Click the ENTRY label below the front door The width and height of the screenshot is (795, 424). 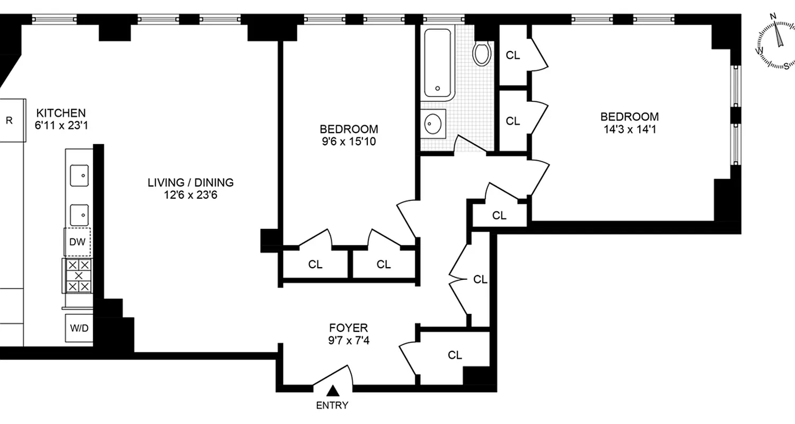click(x=332, y=405)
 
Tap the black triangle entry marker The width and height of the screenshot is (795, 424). click(x=332, y=391)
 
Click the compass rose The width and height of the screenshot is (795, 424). click(x=774, y=48)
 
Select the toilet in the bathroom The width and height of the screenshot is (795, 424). click(x=482, y=53)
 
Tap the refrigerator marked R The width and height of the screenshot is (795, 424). click(x=10, y=120)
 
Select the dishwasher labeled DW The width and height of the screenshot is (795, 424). click(x=77, y=242)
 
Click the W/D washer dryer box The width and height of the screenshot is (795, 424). click(x=79, y=328)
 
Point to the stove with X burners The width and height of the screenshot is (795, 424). click(x=78, y=276)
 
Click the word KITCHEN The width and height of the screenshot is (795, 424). click(x=60, y=113)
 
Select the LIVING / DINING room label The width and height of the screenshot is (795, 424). click(x=190, y=183)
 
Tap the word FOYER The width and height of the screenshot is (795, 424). click(x=348, y=328)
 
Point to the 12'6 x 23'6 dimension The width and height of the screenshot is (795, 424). click(x=190, y=195)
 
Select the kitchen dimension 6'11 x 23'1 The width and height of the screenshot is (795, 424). click(x=60, y=126)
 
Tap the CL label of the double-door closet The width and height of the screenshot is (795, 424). click(x=480, y=279)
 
